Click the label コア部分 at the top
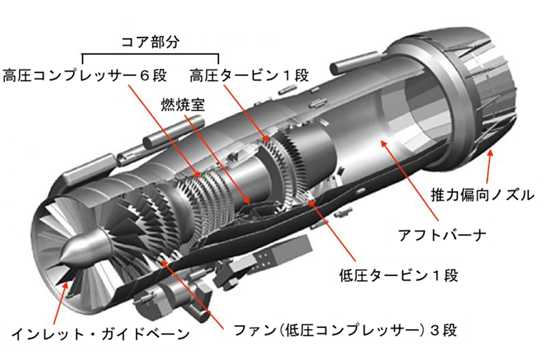(149, 42)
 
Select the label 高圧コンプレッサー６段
(85, 75)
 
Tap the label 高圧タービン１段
(249, 75)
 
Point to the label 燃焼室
(183, 104)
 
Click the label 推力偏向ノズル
(483, 195)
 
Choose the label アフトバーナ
(442, 235)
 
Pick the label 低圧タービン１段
(399, 275)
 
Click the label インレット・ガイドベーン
(100, 334)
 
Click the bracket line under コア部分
(150, 55)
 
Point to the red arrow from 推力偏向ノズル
(489, 167)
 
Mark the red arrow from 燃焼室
(218, 160)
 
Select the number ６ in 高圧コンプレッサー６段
(145, 76)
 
